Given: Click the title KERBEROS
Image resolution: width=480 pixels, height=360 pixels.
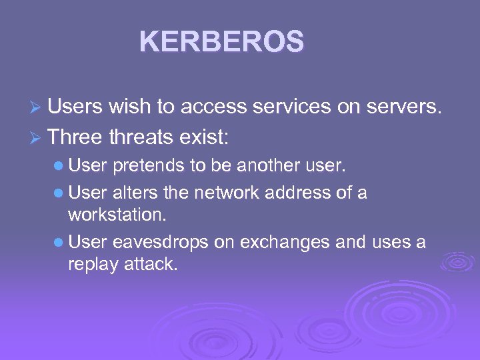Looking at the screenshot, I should [221, 41].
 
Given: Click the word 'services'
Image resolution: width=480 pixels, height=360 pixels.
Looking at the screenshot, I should [303, 106].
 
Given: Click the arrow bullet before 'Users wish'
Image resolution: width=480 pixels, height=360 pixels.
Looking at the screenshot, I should [37, 107].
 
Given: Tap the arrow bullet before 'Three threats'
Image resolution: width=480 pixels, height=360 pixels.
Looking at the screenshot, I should [37, 137].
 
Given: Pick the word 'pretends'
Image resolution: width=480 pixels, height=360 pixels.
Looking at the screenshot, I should [141, 165].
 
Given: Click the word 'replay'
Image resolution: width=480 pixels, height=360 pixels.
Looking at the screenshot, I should [89, 264].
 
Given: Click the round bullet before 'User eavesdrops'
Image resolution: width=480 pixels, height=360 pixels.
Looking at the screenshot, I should [59, 243].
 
